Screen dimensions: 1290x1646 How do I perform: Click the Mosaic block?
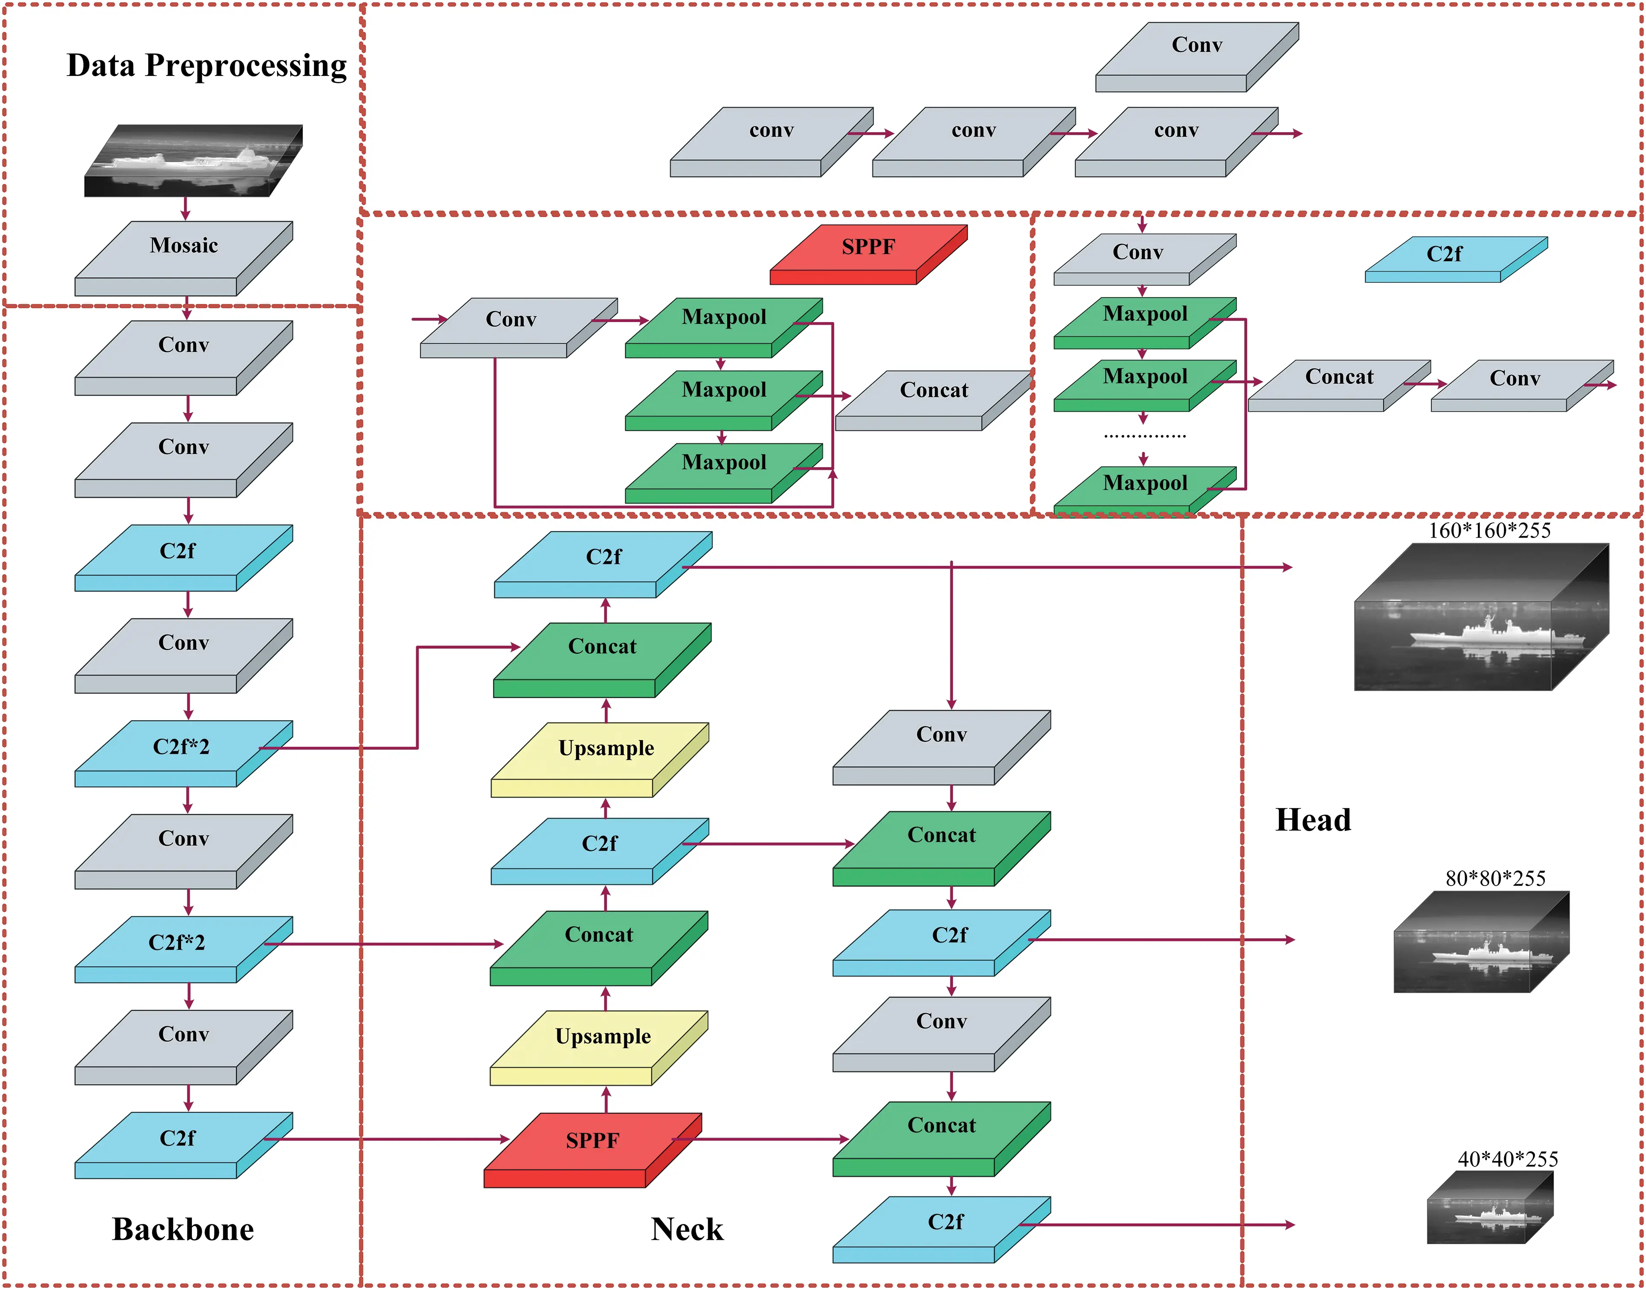pos(184,253)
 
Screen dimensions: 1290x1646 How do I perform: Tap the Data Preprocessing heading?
pos(207,66)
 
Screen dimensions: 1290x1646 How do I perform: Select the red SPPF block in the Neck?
pos(592,1144)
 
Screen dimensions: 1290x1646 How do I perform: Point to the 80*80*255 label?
pos(1495,879)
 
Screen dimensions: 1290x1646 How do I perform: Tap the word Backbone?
pos(183,1230)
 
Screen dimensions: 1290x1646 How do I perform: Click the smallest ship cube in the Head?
pos(1489,1208)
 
